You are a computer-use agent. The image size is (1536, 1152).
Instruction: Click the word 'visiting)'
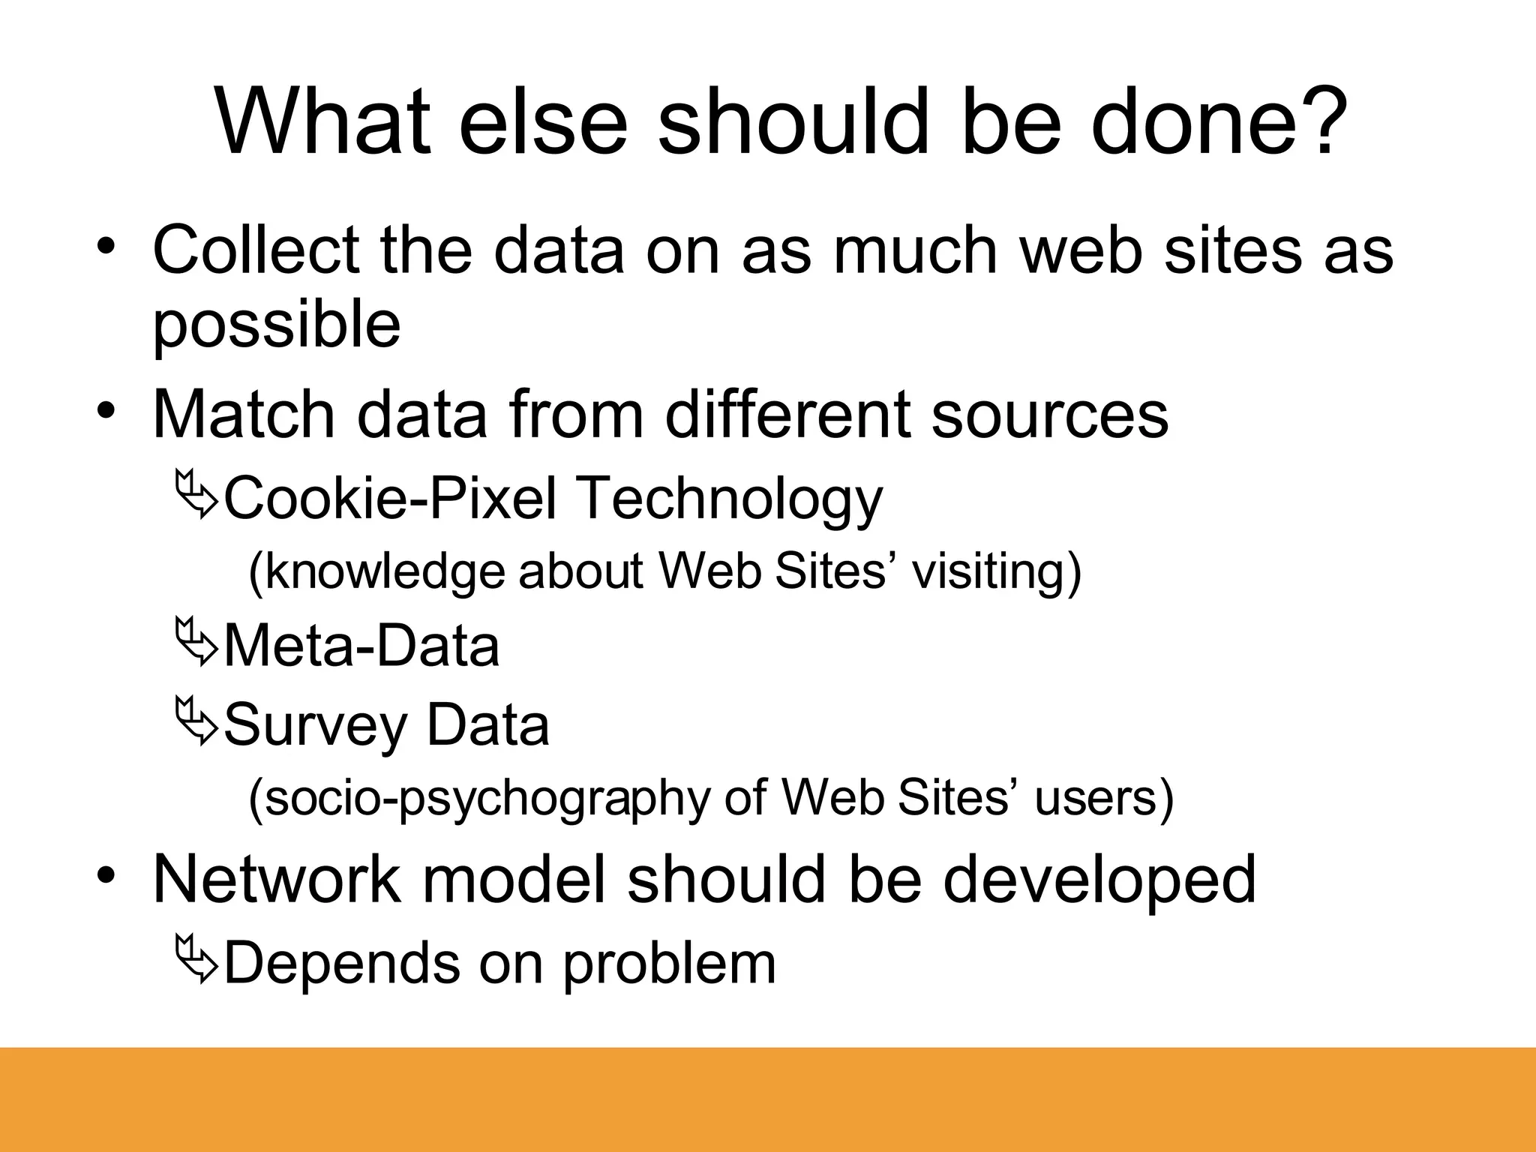click(997, 571)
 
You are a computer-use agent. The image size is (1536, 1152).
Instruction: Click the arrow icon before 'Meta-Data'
click(196, 643)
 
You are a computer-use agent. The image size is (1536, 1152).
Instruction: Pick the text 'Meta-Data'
click(361, 646)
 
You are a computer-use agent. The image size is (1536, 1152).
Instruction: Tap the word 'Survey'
click(314, 725)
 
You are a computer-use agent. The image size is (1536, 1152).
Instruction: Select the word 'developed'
click(1099, 879)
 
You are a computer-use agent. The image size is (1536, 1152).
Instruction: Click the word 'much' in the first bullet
click(915, 250)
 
